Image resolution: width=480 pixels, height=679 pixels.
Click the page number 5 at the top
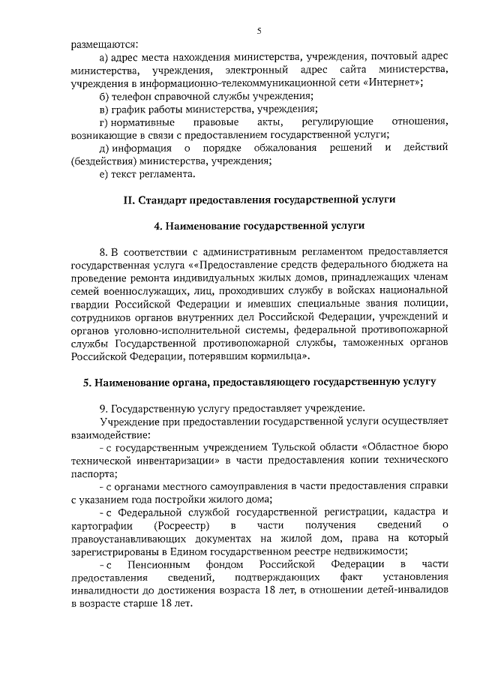[x=259, y=31]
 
